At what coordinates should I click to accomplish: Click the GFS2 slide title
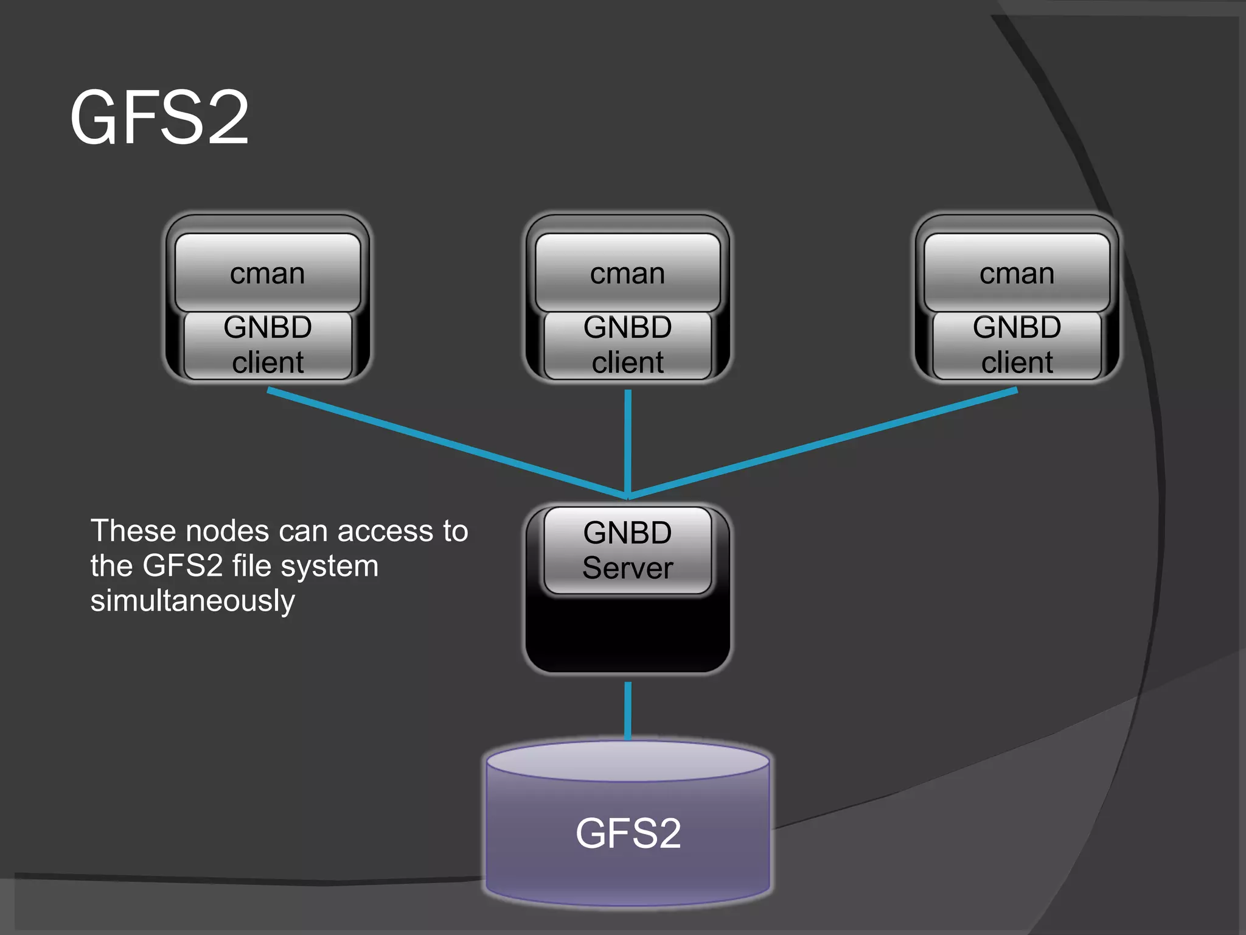pyautogui.click(x=159, y=117)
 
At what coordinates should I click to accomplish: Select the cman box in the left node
pyautogui.click(x=268, y=273)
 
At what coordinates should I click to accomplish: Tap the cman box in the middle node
pyautogui.click(x=627, y=273)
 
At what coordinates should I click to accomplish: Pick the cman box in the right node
pyautogui.click(x=1017, y=273)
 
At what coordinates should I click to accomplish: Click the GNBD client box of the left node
pyautogui.click(x=268, y=345)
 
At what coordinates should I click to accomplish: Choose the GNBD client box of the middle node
pyautogui.click(x=627, y=345)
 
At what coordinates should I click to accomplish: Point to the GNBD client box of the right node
pyautogui.click(x=1017, y=345)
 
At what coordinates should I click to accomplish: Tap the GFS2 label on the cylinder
pyautogui.click(x=628, y=833)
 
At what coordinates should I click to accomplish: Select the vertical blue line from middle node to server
pyautogui.click(x=628, y=441)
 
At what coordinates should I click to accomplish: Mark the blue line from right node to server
pyautogui.click(x=821, y=443)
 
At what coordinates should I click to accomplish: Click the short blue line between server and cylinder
pyautogui.click(x=628, y=710)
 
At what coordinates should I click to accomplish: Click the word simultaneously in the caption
pyautogui.click(x=192, y=601)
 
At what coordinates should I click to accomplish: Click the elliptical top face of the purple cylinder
pyautogui.click(x=628, y=761)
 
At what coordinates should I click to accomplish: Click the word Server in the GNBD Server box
pyautogui.click(x=627, y=568)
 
